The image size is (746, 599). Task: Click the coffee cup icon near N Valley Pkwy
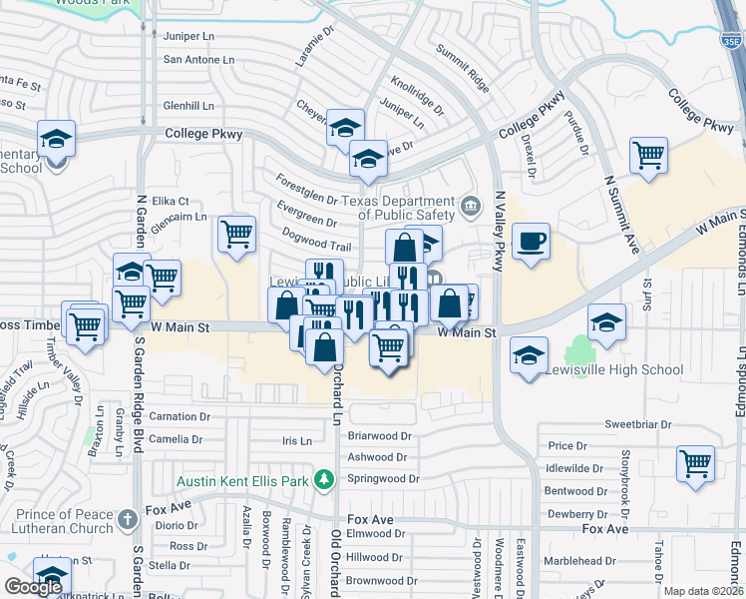(531, 241)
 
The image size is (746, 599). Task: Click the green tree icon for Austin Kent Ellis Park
(323, 481)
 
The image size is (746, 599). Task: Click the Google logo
(33, 586)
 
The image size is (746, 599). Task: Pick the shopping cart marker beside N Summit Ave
(648, 157)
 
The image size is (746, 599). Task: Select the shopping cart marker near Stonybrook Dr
(695, 463)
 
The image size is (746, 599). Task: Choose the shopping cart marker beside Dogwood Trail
(236, 235)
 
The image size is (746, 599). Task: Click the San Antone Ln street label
(198, 59)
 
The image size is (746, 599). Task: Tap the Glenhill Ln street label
(188, 105)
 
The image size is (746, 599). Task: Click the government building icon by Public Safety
(472, 208)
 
